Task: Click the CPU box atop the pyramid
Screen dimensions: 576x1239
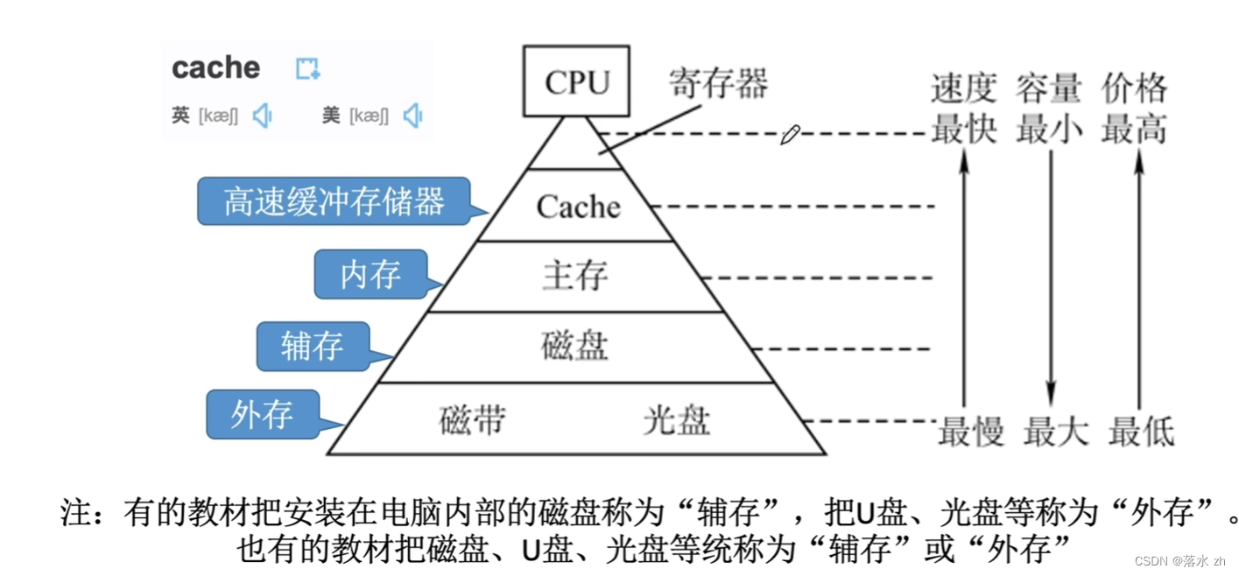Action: click(x=577, y=81)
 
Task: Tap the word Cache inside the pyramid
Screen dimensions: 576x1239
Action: click(x=578, y=207)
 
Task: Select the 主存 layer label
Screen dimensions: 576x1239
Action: click(x=575, y=276)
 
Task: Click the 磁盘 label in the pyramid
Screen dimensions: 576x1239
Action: click(x=574, y=346)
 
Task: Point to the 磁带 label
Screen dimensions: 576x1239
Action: click(x=472, y=420)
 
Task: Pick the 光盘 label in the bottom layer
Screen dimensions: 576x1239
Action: click(x=676, y=420)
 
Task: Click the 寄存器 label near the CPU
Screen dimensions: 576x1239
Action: click(x=718, y=84)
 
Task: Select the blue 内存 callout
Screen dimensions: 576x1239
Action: click(x=371, y=274)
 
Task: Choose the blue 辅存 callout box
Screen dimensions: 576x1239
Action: click(x=313, y=346)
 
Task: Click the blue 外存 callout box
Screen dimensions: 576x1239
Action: click(x=262, y=413)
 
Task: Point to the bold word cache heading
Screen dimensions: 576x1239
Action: click(x=216, y=67)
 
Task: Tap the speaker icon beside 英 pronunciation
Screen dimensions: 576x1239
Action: click(x=262, y=116)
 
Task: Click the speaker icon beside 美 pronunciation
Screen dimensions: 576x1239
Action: click(x=412, y=116)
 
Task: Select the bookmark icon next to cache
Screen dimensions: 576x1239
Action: click(x=307, y=68)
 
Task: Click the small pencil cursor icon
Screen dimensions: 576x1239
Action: click(x=790, y=135)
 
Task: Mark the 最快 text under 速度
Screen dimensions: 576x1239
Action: click(x=963, y=130)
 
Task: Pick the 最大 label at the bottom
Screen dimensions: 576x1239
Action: click(x=1055, y=432)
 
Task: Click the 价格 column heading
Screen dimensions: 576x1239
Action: click(x=1135, y=88)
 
